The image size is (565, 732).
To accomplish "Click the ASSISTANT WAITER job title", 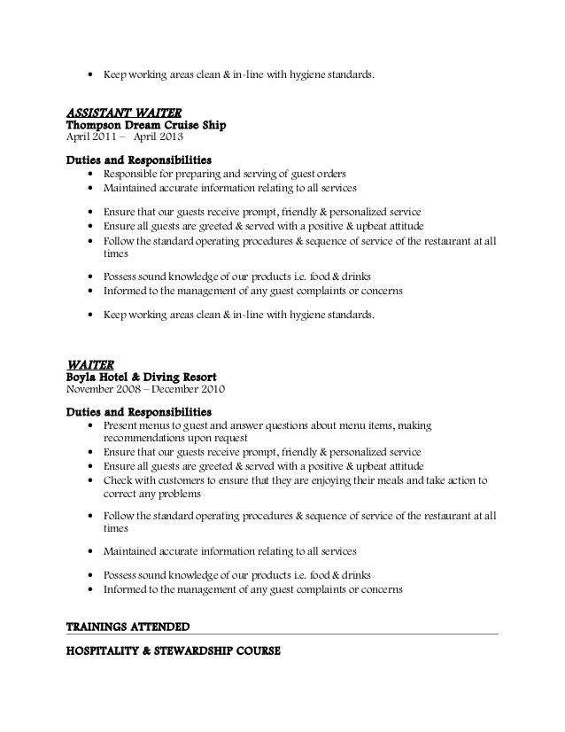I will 125,113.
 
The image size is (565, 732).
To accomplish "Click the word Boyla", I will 86,376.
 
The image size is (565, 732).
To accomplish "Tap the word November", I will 94,389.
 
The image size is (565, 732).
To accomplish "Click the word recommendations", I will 149,439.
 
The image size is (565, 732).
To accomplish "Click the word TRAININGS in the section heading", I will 100,627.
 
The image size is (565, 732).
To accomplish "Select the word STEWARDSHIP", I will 195,652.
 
